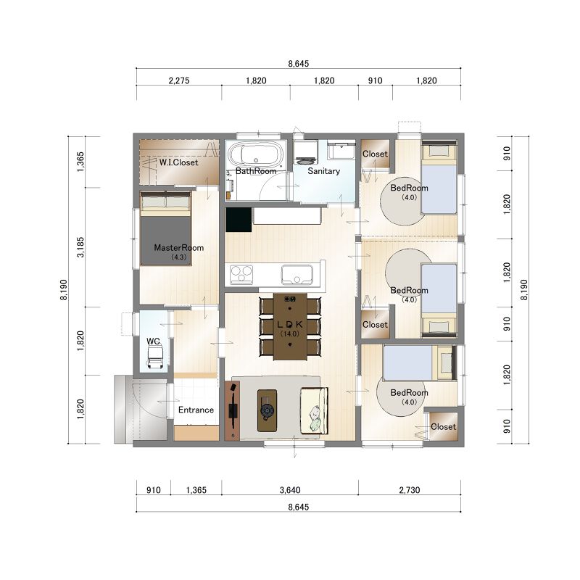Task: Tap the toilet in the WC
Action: point(155,357)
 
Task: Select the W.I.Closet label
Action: point(178,162)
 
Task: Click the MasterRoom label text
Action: point(178,248)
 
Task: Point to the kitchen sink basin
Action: point(297,275)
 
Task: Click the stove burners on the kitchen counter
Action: point(241,275)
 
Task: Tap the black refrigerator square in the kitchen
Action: point(239,220)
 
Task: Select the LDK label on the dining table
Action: point(290,324)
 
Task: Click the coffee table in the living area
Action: point(267,410)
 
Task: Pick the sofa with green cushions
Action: point(314,410)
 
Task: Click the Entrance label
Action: point(196,410)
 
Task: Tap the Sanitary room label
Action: point(323,171)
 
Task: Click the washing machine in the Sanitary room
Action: point(306,152)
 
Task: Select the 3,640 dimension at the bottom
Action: point(290,490)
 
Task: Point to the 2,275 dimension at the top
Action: point(179,80)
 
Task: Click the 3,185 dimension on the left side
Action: point(80,247)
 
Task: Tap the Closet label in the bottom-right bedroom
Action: point(443,427)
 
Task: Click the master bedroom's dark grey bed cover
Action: point(165,241)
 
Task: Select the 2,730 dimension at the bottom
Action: point(410,490)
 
